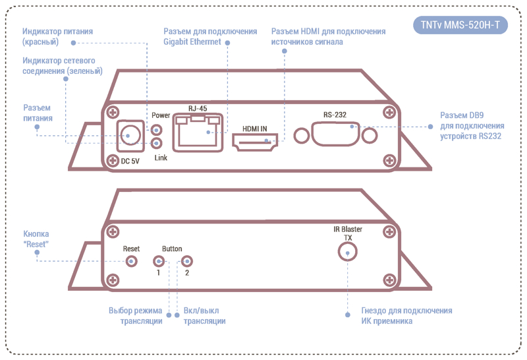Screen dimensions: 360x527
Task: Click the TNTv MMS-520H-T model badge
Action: click(460, 26)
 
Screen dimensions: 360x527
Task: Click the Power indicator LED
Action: click(157, 127)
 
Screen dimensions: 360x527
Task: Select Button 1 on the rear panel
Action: click(158, 261)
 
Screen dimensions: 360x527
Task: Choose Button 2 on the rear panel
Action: click(186, 261)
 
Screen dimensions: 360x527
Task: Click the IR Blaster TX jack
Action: click(347, 252)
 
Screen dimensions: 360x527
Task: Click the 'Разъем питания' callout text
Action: click(38, 113)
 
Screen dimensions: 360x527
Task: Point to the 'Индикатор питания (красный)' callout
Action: click(57, 36)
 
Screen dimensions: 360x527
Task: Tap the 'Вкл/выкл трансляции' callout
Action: click(204, 316)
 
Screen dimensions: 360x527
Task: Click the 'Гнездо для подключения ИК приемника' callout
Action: click(406, 316)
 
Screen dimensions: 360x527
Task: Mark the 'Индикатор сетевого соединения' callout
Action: click(62, 66)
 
